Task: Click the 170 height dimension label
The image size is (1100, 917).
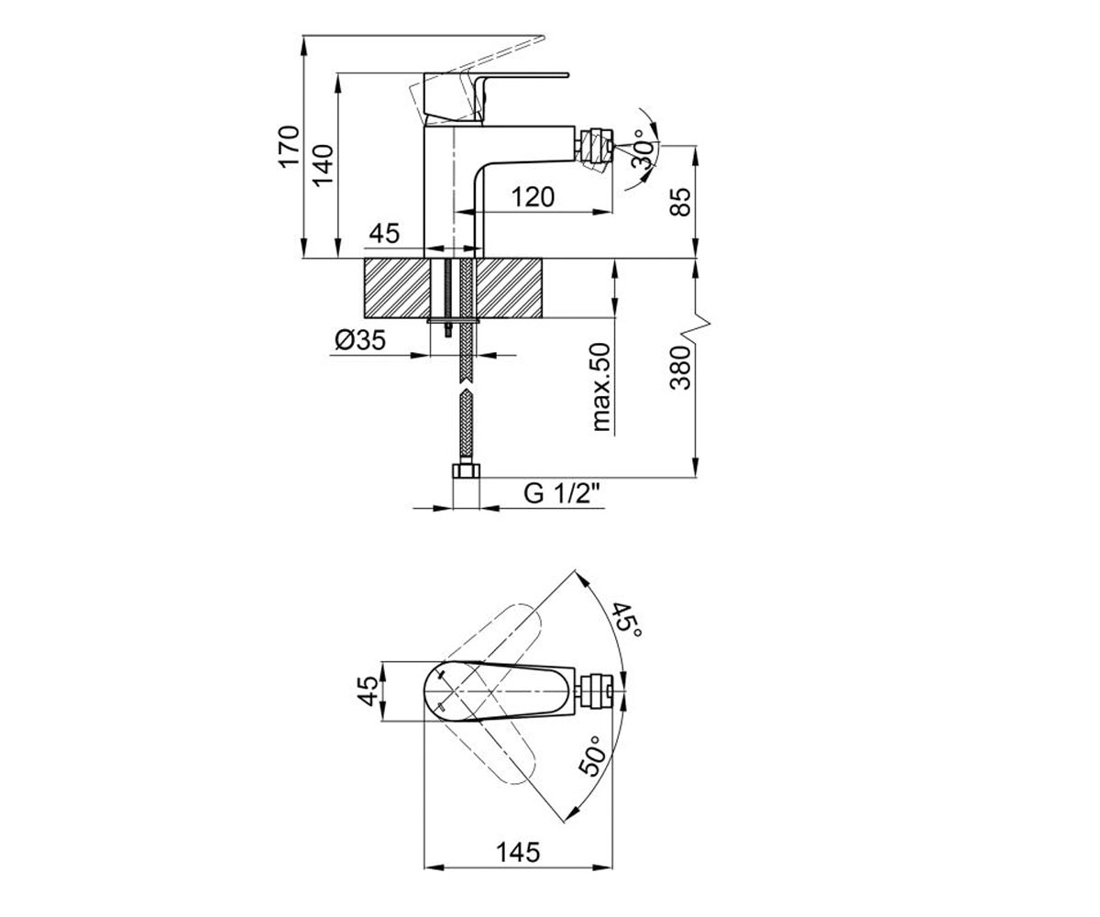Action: pyautogui.click(x=290, y=147)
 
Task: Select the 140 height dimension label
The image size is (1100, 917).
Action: pyautogui.click(x=323, y=165)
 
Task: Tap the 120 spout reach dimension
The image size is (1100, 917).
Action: pyautogui.click(x=533, y=197)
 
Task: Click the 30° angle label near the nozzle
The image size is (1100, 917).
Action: pyautogui.click(x=644, y=149)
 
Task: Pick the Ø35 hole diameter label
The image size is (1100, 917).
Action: pyautogui.click(x=360, y=340)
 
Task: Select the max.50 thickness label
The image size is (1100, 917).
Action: pyautogui.click(x=601, y=387)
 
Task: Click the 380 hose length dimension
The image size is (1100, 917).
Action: pyautogui.click(x=680, y=368)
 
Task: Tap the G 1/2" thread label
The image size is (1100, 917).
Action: pyautogui.click(x=562, y=494)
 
